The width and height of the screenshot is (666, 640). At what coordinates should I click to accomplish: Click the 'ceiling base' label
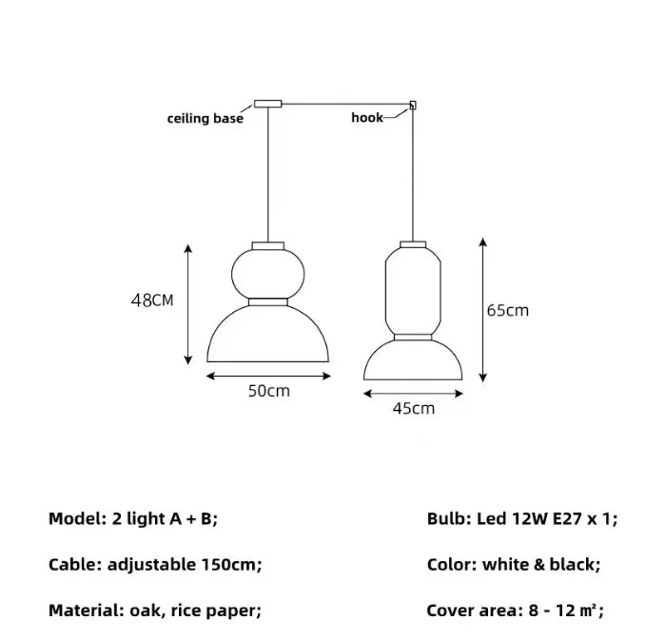(x=205, y=119)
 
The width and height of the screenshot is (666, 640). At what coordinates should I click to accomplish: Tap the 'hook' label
(x=366, y=118)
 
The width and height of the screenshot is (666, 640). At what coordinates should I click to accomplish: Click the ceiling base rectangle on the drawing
(x=267, y=103)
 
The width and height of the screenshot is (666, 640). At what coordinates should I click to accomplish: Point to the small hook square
(x=414, y=106)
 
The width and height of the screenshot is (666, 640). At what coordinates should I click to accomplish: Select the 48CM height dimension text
(x=152, y=301)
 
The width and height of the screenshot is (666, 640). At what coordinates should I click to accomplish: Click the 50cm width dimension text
(x=269, y=392)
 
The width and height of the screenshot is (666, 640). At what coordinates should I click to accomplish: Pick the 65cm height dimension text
(x=508, y=310)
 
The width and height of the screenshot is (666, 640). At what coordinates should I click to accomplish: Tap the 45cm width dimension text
(x=413, y=409)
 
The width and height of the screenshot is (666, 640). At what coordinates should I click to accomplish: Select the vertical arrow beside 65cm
(x=483, y=310)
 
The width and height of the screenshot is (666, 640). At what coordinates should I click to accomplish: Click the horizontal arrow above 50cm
(x=269, y=377)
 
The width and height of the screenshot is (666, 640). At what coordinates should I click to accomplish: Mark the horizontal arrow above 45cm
(x=413, y=393)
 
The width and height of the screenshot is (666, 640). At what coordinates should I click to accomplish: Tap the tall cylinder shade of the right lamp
(x=413, y=290)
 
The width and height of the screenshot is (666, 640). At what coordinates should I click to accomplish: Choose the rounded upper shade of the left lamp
(x=269, y=271)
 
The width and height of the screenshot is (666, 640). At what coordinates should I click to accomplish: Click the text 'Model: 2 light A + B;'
(x=133, y=518)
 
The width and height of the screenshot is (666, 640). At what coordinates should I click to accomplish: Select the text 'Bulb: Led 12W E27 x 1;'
(x=522, y=518)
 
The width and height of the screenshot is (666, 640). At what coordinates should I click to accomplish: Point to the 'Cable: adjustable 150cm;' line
(x=155, y=564)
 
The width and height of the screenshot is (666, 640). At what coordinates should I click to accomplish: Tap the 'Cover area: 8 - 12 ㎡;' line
(x=516, y=611)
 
